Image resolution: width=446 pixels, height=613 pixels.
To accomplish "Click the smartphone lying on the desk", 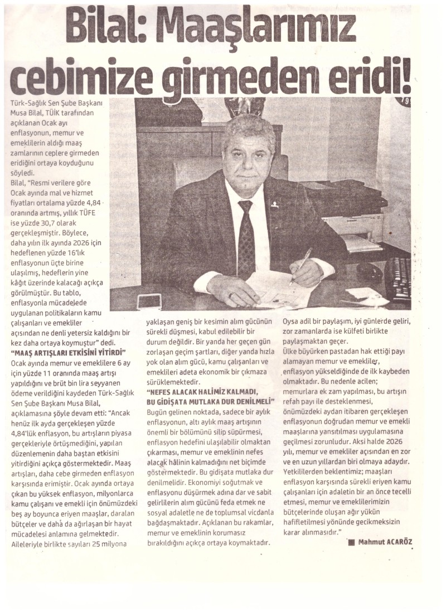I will (x=149, y=301).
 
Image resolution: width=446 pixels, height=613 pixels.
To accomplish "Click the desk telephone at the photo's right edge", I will (x=397, y=279).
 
